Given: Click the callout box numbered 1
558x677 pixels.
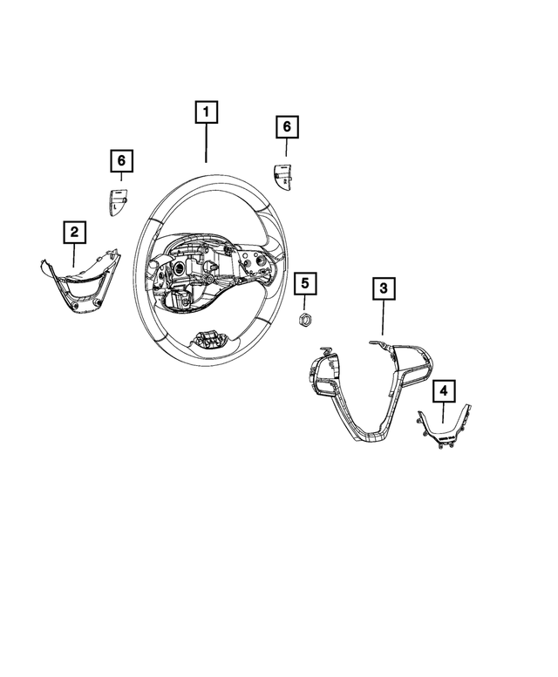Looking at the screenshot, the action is (x=206, y=112).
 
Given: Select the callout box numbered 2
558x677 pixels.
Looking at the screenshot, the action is (x=75, y=232).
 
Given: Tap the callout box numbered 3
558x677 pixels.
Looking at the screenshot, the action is (x=384, y=288).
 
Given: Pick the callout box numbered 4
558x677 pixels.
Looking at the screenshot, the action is (x=444, y=390).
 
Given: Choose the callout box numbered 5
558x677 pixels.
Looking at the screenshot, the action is (x=305, y=283).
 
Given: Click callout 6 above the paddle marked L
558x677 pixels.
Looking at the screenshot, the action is (x=121, y=160).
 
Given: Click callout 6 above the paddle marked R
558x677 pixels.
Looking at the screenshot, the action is (x=287, y=127).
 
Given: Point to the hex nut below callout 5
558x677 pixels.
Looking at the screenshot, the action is (x=305, y=320).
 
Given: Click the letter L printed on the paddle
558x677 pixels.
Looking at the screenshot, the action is (x=115, y=206).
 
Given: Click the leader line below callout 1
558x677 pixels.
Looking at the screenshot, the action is (x=206, y=143).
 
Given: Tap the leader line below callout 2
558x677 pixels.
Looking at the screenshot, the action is (x=74, y=255).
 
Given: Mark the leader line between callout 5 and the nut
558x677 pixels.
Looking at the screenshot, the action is (x=305, y=301).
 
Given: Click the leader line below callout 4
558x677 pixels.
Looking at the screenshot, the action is (x=444, y=412).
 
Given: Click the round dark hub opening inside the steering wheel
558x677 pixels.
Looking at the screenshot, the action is (x=179, y=268).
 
